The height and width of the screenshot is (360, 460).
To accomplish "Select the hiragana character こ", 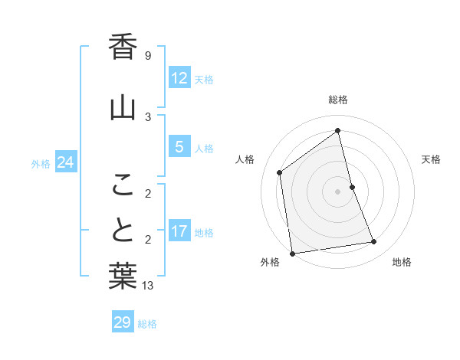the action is (123, 185).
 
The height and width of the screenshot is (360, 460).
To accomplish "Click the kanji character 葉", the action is (123, 277).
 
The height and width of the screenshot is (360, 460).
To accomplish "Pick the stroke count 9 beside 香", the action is (148, 56).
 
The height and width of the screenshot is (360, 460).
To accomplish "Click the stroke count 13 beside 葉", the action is (148, 286).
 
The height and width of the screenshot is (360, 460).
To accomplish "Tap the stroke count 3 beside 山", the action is (148, 116).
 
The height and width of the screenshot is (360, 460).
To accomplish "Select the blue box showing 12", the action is (179, 78).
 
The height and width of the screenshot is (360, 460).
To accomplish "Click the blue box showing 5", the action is (179, 147).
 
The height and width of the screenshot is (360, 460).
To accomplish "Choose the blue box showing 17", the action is (179, 231).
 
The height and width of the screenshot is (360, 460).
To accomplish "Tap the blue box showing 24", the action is (66, 162).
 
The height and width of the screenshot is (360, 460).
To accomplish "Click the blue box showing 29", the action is (123, 322).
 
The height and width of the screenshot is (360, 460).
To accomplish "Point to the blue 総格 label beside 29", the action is (148, 324).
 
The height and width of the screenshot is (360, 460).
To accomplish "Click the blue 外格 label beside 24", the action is (41, 164).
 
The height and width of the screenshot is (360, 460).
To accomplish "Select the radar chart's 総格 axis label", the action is (338, 100).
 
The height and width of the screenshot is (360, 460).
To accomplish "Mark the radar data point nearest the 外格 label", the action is (292, 253).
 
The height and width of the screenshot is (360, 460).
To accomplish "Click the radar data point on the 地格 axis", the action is (374, 242).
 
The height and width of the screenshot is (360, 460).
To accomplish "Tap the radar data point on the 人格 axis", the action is (280, 172).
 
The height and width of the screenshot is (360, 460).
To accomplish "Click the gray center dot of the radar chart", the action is (338, 191).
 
